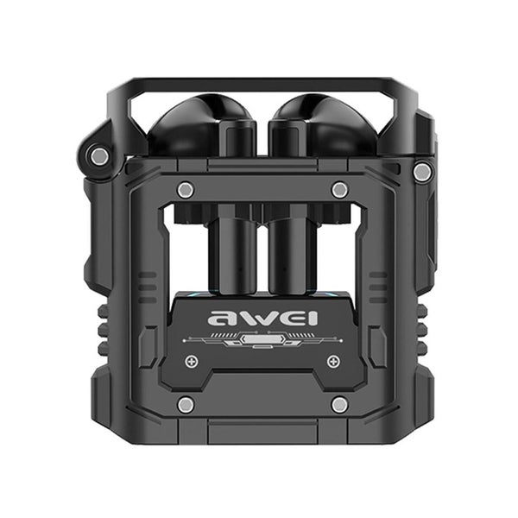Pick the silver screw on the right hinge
pos(421,172)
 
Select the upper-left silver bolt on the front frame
pos(184,190)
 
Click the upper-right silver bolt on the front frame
pos(340,190)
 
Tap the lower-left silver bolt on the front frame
pos(184,404)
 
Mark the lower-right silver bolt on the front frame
pos(340,404)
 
